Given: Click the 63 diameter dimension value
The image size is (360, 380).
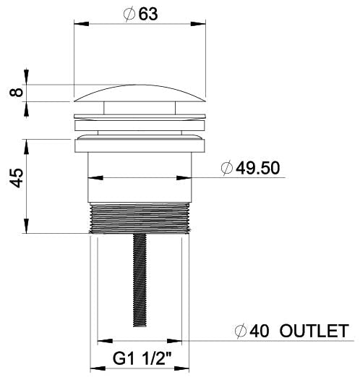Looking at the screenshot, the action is (148, 14).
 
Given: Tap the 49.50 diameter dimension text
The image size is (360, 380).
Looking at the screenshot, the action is (257, 168).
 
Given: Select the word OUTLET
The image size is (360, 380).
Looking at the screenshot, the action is (314, 331).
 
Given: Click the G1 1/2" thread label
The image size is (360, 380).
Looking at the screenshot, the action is (142, 358).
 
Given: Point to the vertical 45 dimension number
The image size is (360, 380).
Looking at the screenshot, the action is (17, 178).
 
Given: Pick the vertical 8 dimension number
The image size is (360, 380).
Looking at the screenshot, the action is (16, 93).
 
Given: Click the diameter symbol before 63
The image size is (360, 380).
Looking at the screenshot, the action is (129, 14).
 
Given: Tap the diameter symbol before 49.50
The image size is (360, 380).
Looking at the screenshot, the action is (227, 168).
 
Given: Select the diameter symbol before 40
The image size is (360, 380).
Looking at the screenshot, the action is (241, 332).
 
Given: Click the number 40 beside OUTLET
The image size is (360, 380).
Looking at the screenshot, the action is (260, 331).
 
